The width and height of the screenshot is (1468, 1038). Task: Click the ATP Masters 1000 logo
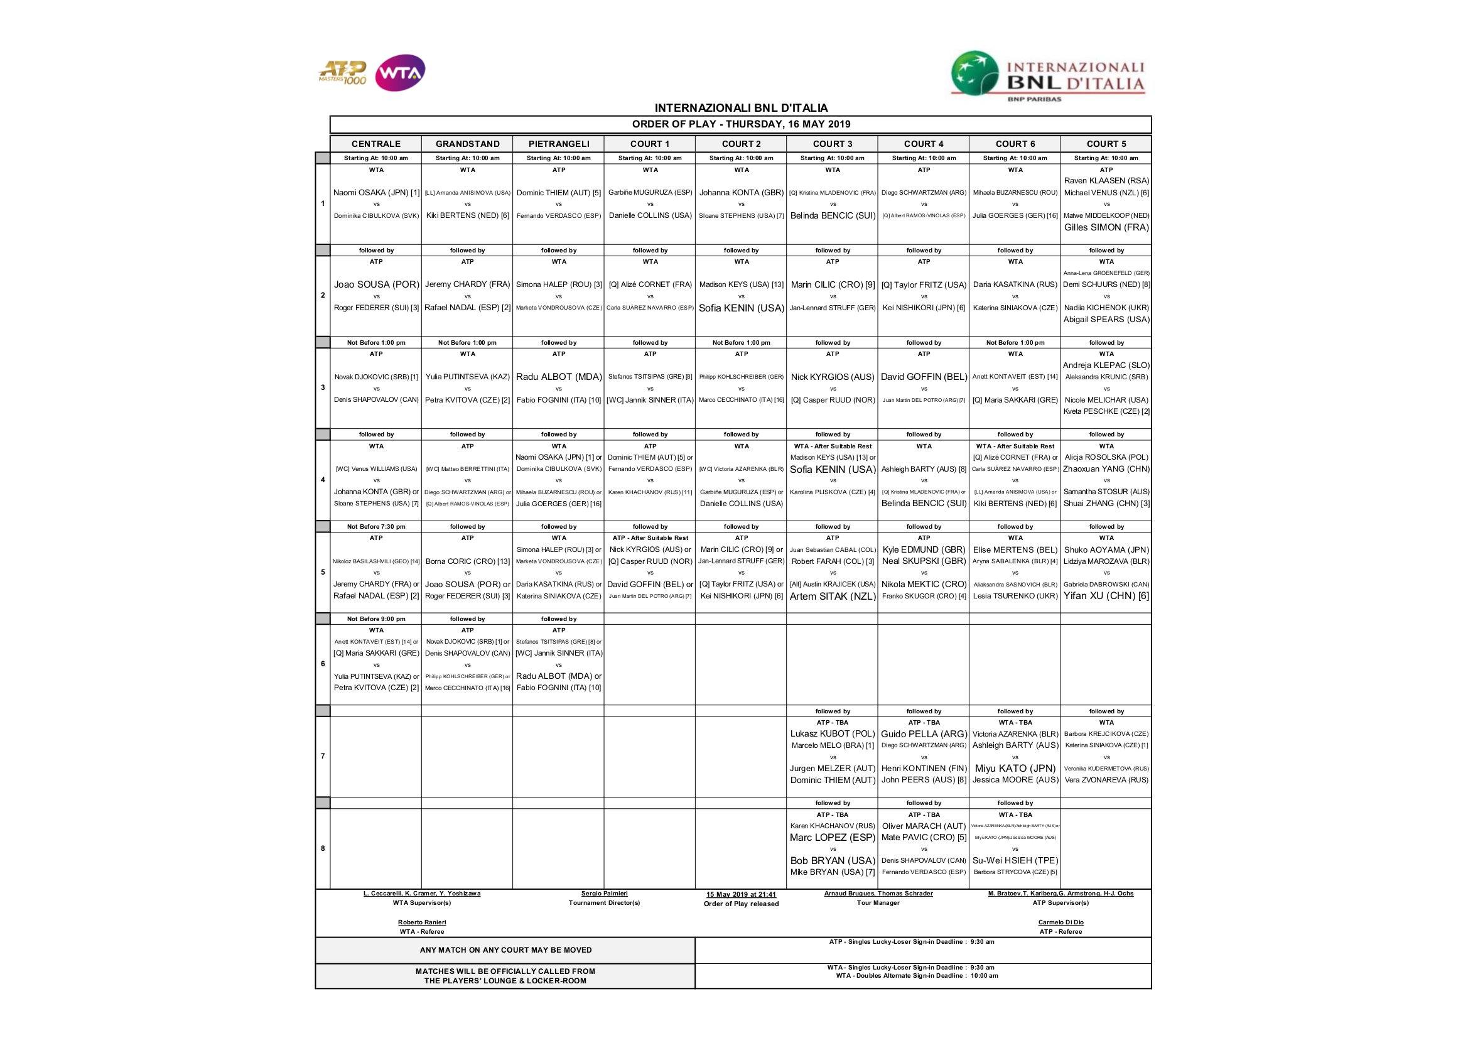tap(343, 72)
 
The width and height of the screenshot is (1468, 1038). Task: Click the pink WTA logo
tap(399, 73)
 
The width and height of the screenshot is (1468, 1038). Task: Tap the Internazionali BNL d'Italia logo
tap(1047, 76)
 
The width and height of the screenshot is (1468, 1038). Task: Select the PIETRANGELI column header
tap(558, 144)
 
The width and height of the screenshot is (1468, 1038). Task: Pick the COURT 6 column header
tap(1015, 144)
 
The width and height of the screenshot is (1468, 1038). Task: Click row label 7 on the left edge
tap(323, 756)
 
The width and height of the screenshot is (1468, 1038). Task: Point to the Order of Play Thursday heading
tap(740, 124)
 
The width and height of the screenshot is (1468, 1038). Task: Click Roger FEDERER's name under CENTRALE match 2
tap(376, 308)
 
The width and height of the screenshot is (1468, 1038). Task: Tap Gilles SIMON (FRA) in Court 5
tap(1106, 227)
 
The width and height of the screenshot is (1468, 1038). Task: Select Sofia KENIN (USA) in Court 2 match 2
tap(741, 308)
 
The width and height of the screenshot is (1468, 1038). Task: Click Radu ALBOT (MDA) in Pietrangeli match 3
tap(558, 377)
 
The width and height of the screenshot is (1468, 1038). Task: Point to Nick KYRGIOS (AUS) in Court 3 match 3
tap(832, 377)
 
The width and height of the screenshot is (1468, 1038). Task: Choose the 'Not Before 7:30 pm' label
tap(376, 526)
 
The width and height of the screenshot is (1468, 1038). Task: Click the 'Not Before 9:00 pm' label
tap(376, 619)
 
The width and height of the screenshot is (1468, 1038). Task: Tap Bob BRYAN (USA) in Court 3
tap(832, 860)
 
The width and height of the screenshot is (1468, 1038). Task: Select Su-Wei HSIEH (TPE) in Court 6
tap(1015, 860)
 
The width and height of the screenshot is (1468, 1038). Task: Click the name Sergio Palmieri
tap(604, 894)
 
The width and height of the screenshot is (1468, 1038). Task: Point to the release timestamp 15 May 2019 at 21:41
tap(741, 894)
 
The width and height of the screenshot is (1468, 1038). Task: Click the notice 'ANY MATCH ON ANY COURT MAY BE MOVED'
tap(505, 949)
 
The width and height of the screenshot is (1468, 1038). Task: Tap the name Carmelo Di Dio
tap(1060, 922)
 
